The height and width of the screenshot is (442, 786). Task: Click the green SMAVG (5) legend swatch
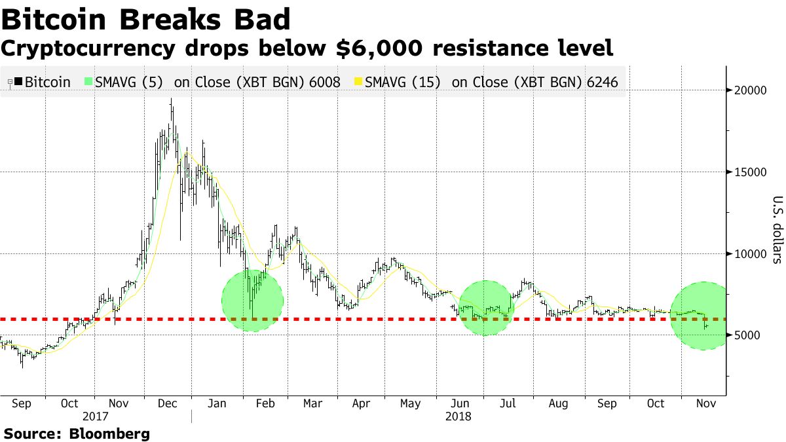coord(88,83)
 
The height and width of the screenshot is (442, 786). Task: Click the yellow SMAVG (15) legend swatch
coord(358,83)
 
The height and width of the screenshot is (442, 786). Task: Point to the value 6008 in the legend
coord(326,83)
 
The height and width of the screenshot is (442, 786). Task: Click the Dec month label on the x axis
coord(167,404)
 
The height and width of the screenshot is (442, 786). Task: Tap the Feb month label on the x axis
coord(265,404)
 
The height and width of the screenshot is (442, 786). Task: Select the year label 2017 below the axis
coord(96,416)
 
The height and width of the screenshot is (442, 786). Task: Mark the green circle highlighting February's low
coord(253,301)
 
